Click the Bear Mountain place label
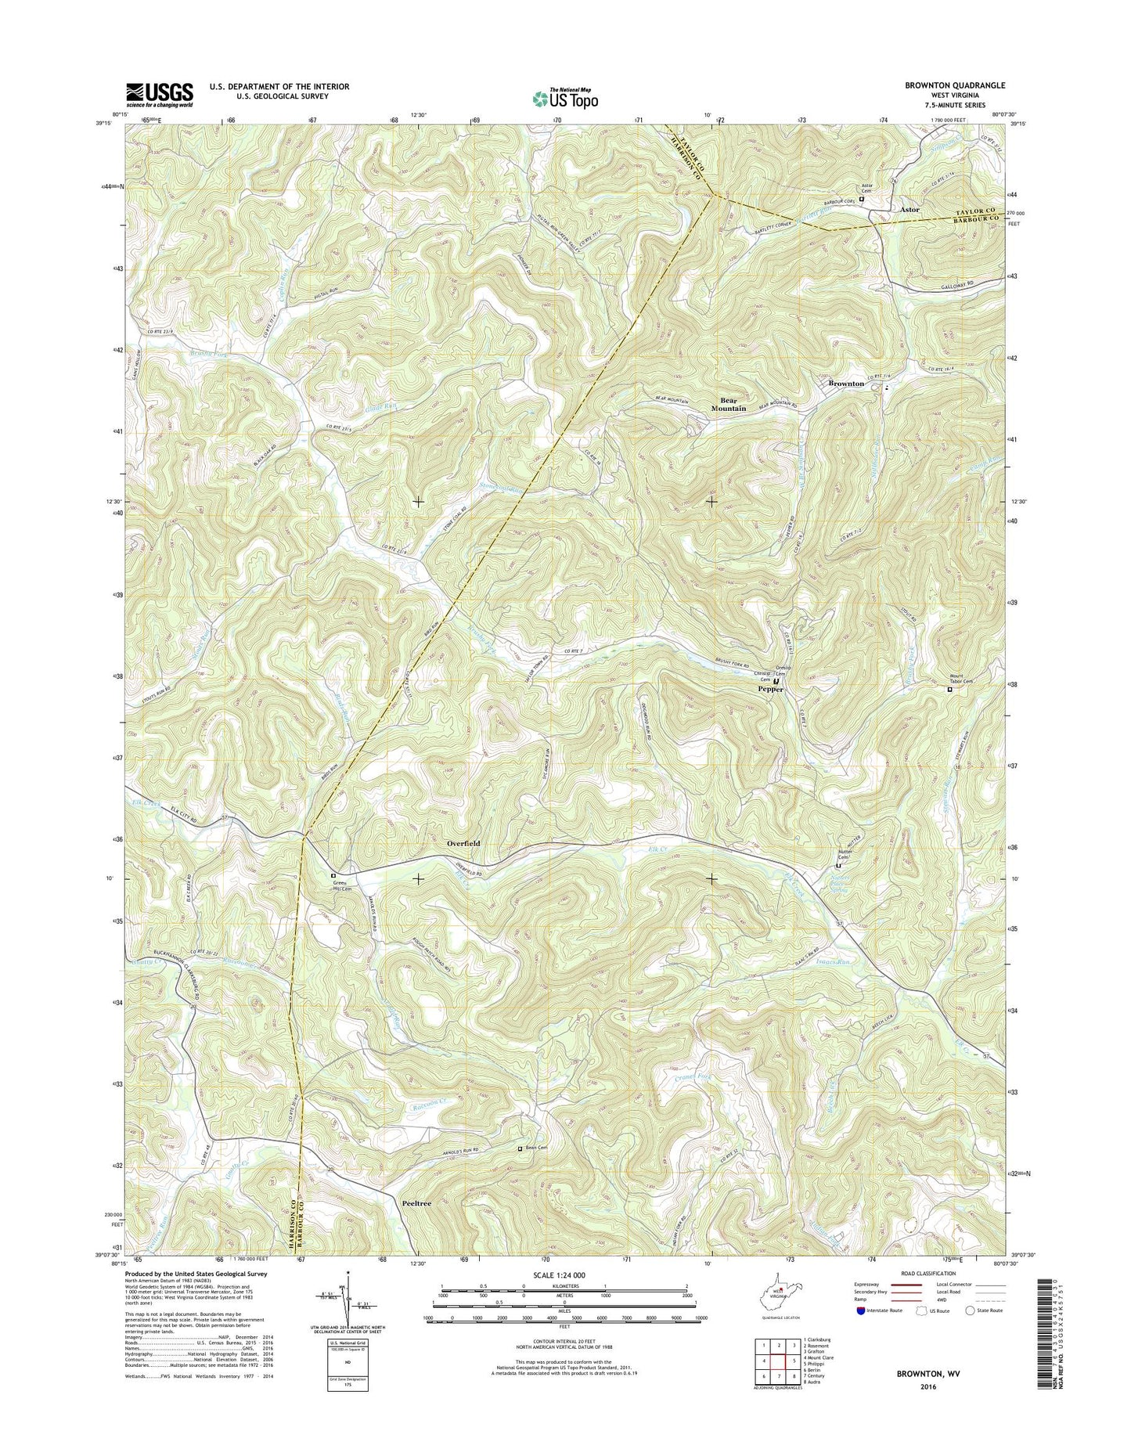[728, 404]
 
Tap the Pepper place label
[771, 690]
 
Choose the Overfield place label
[463, 843]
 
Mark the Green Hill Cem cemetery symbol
[333, 875]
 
